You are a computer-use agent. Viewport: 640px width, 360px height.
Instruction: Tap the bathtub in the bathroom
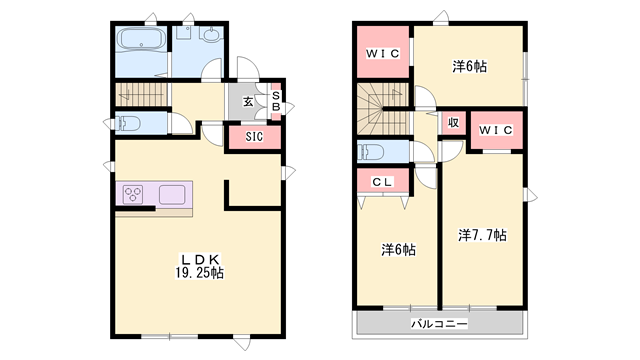tap(142, 43)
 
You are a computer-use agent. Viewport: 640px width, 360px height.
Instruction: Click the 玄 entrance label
tap(247, 100)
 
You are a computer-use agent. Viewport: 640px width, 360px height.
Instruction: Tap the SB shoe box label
tap(276, 102)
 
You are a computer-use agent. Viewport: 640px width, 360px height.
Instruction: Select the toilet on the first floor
tap(128, 125)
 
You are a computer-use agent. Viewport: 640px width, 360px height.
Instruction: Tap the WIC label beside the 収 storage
tap(495, 130)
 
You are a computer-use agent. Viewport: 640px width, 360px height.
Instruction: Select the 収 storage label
tap(453, 123)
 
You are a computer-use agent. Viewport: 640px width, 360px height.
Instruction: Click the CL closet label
tap(381, 182)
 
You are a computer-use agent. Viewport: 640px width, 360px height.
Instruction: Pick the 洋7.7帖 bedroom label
tap(482, 236)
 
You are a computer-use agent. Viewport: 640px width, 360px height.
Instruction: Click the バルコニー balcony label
tap(438, 324)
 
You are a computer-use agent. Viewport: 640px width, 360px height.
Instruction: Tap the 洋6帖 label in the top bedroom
tap(469, 67)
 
